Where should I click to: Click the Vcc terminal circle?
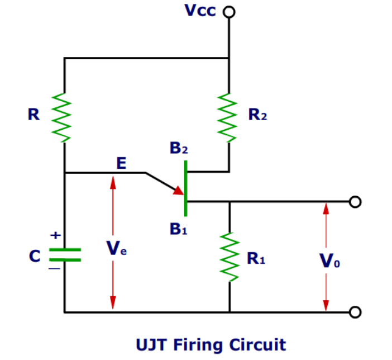click(229, 12)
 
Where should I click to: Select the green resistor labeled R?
click(64, 115)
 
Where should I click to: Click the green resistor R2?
click(229, 115)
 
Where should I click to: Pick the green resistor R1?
click(229, 257)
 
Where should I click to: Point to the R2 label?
click(257, 116)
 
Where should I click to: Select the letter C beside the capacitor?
click(35, 255)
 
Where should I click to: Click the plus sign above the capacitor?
click(54, 236)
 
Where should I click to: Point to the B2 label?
click(179, 149)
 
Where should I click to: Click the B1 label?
click(179, 229)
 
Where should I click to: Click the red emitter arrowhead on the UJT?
click(178, 191)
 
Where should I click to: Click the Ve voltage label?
click(117, 250)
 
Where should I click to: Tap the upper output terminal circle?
click(353, 201)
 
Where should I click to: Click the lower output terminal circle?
click(353, 311)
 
